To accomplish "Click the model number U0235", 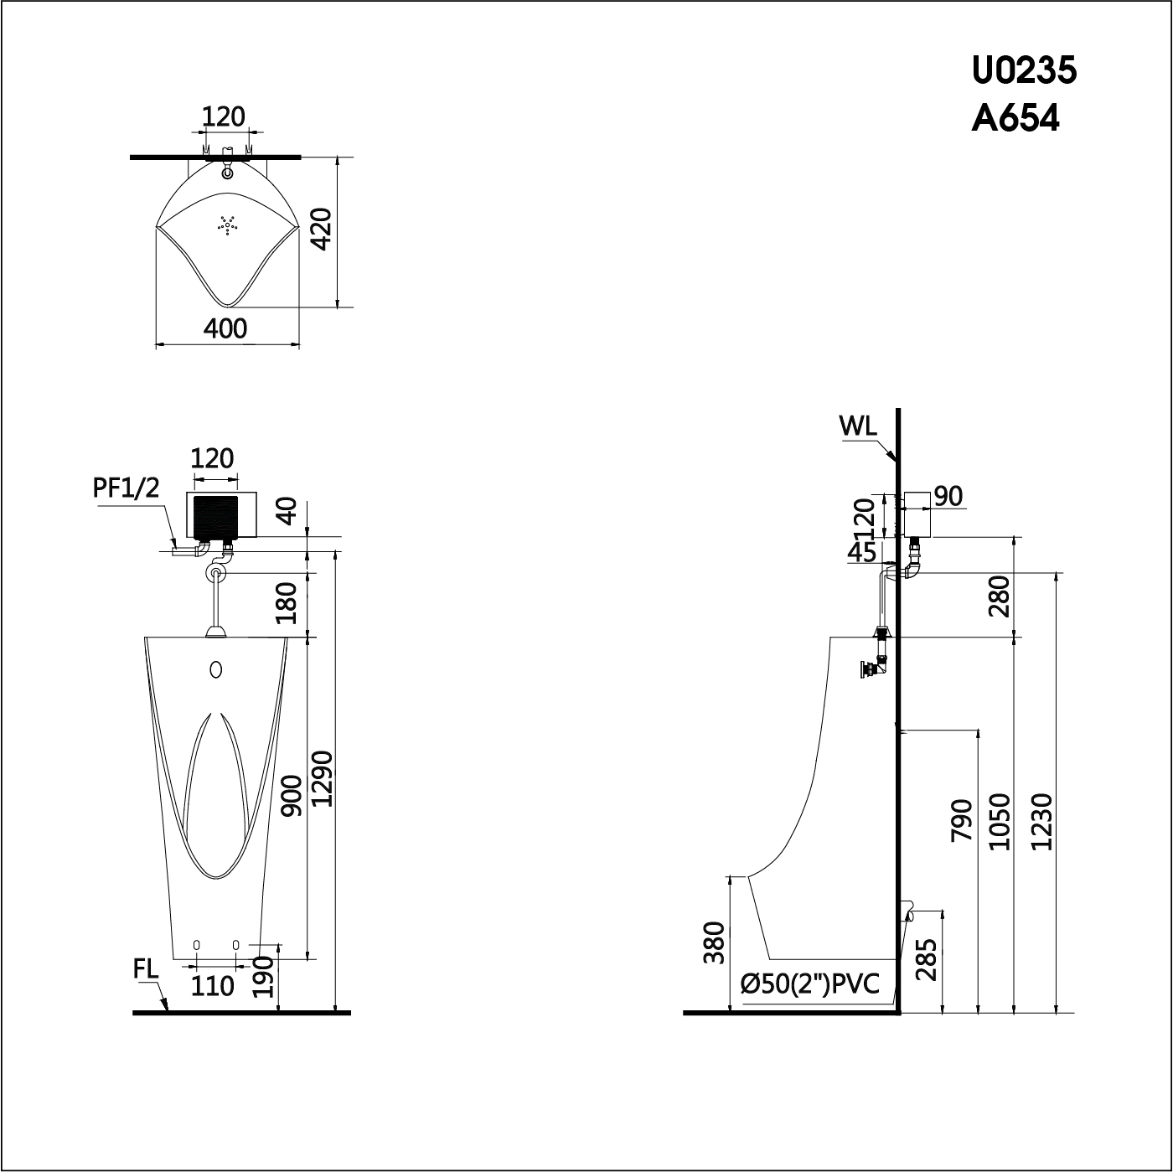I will [1024, 71].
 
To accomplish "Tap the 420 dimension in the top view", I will [323, 230].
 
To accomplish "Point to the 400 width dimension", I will [226, 328].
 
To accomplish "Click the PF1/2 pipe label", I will [126, 488].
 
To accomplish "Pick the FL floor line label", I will [146, 969].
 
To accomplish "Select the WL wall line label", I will [858, 426].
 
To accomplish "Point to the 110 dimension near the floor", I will [212, 986].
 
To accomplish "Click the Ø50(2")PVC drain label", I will [810, 984].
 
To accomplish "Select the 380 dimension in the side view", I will [713, 942].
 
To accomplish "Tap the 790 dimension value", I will [962, 820].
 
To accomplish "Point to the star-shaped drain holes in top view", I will [227, 225].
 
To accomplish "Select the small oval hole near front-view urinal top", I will [216, 669].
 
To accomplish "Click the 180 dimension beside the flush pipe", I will [287, 603].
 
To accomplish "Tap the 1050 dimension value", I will [1001, 821].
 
